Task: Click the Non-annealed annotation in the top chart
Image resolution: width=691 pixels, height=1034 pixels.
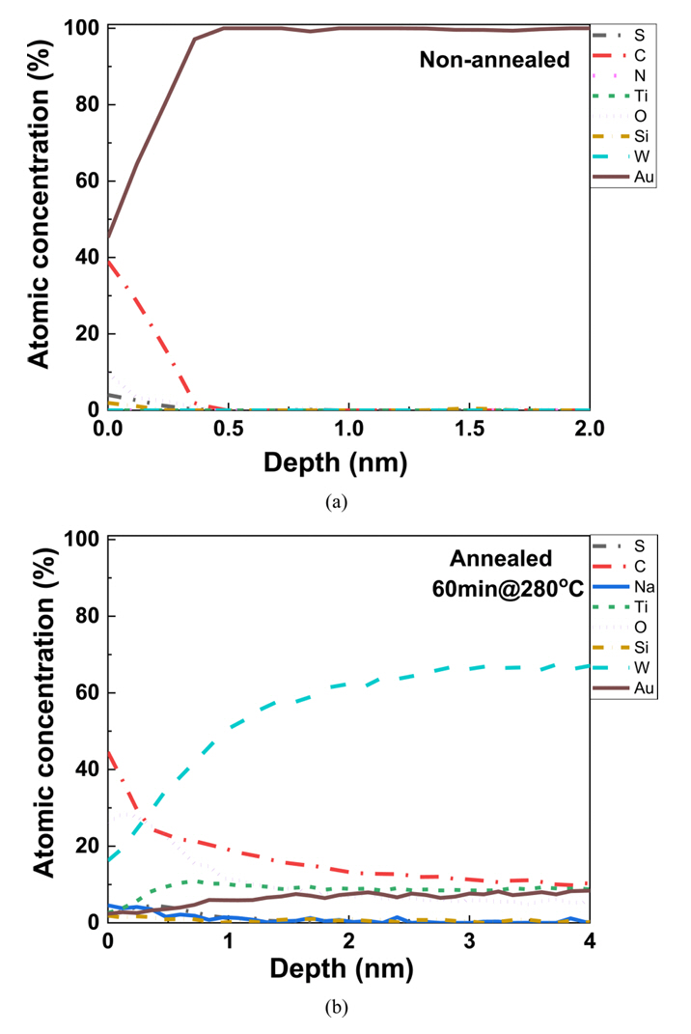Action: [494, 60]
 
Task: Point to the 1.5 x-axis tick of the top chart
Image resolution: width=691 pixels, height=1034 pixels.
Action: [469, 428]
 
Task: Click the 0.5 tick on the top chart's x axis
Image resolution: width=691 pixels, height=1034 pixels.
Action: [229, 428]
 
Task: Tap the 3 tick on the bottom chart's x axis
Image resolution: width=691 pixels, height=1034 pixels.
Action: [469, 939]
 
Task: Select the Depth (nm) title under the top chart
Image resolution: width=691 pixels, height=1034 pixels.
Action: [336, 462]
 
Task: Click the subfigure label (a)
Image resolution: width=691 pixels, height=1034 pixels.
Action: [336, 501]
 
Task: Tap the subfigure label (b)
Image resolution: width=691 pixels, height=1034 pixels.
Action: [336, 1009]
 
